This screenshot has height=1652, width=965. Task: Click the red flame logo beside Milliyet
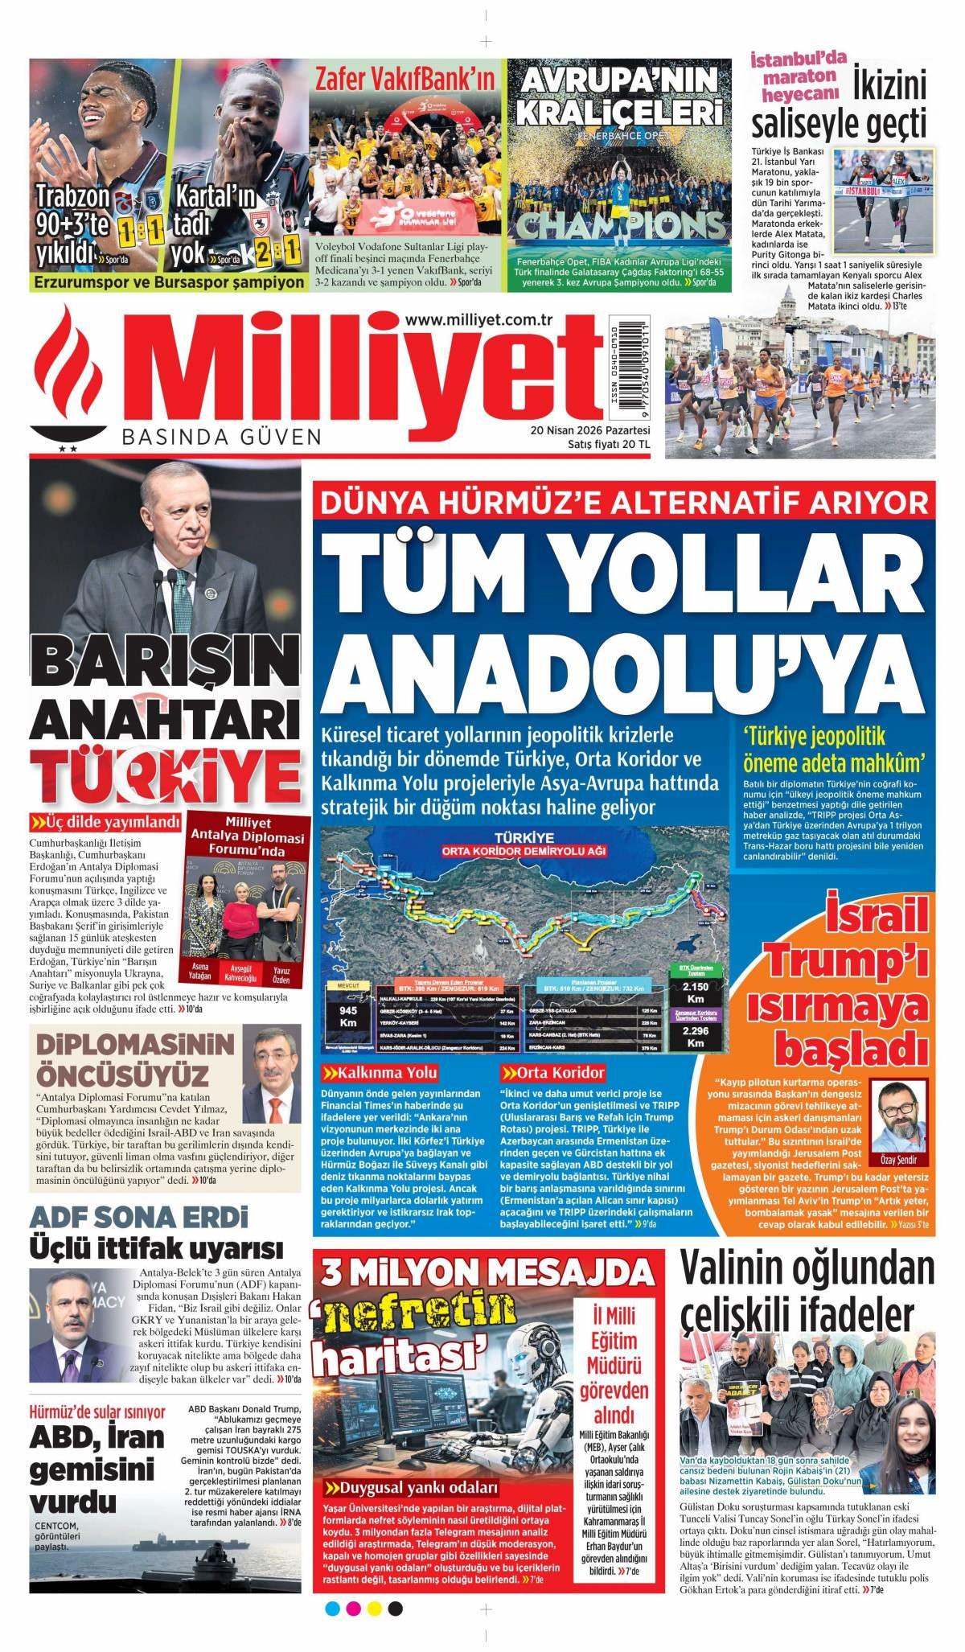tap(77, 377)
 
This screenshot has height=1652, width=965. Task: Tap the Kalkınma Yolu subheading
tap(380, 1073)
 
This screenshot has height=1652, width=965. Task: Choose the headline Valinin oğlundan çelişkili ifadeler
tap(808, 1297)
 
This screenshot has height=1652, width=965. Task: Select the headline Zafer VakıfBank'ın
tap(404, 80)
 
